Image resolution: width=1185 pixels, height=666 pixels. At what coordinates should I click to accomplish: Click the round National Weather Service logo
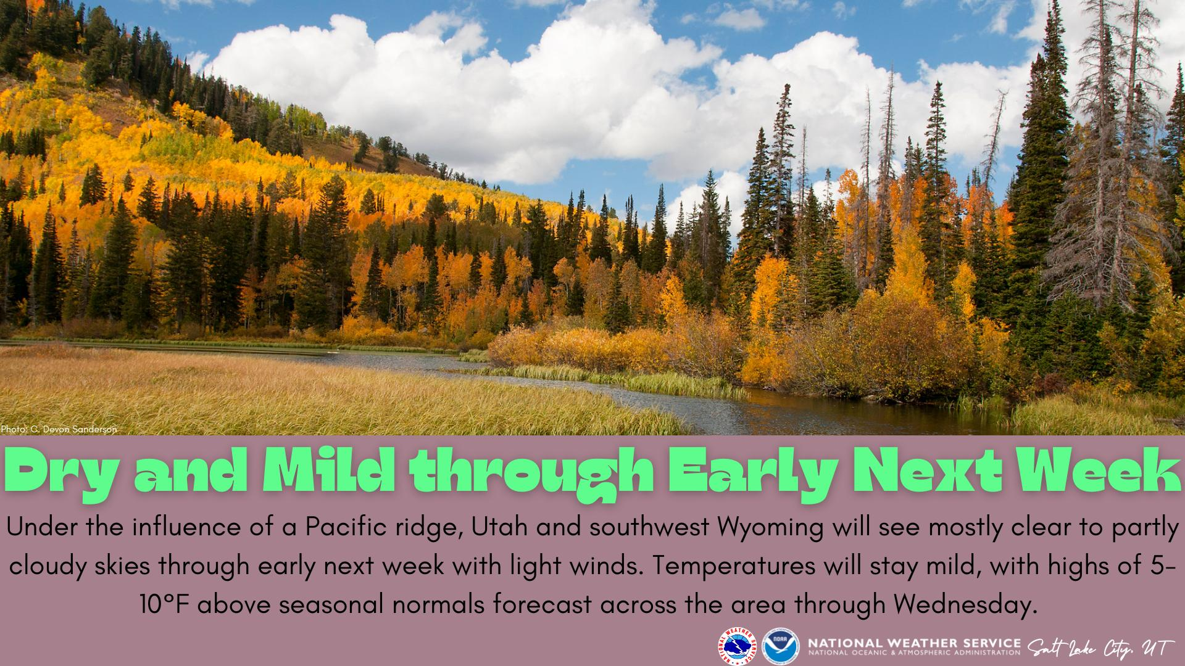tap(738, 647)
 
